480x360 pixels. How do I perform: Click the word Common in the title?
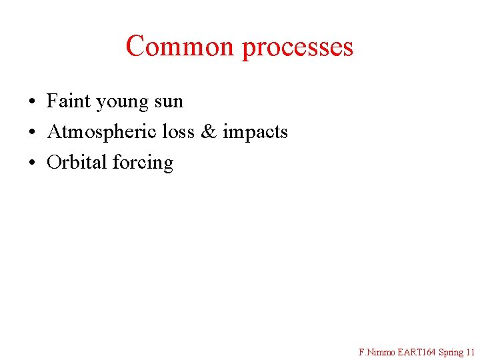(180, 46)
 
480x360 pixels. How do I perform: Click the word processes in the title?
(297, 47)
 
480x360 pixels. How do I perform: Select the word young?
(122, 103)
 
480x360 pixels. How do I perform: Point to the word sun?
(169, 102)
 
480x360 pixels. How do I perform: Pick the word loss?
(178, 131)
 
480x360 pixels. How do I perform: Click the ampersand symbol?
(209, 132)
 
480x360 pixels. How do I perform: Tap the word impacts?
(255, 132)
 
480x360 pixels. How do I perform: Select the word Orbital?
(77, 162)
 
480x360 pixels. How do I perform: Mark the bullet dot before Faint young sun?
(32, 102)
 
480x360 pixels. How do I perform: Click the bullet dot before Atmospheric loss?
(32, 133)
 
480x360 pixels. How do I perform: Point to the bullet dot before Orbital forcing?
(32, 163)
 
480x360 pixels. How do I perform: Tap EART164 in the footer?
(415, 351)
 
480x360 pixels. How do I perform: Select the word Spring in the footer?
(451, 352)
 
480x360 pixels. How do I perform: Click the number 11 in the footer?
(471, 351)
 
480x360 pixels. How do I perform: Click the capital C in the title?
(135, 46)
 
